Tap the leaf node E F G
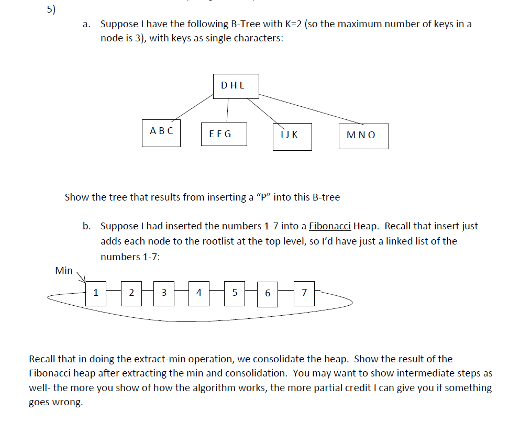pyautogui.click(x=224, y=135)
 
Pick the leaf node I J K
pyautogui.click(x=292, y=137)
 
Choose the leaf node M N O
pyautogui.click(x=363, y=136)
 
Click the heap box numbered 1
pyautogui.click(x=95, y=293)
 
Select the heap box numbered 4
pyautogui.click(x=199, y=293)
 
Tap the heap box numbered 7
pyautogui.click(x=304, y=294)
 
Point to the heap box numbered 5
pyautogui.click(x=235, y=293)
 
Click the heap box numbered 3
pyautogui.click(x=164, y=293)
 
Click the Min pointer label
pyautogui.click(x=64, y=271)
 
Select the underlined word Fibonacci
pyautogui.click(x=330, y=227)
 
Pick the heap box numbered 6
pyautogui.click(x=268, y=294)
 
